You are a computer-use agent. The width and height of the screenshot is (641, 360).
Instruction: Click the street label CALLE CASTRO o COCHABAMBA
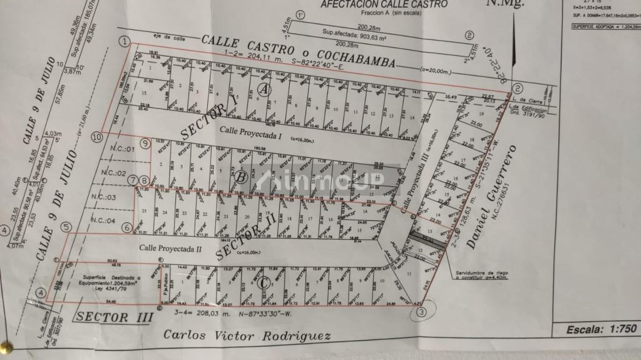[x=297, y=51]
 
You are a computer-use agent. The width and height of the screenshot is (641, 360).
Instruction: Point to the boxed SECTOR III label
[x=114, y=317]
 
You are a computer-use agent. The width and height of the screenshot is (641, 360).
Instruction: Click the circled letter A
[x=265, y=90]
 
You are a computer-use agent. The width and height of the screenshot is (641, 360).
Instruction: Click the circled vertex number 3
[x=423, y=311]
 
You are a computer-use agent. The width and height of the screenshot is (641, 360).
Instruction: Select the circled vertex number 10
[x=96, y=137]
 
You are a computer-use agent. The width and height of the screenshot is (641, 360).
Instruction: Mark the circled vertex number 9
[x=145, y=143]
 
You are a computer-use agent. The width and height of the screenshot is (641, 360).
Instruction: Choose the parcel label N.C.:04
[x=103, y=220]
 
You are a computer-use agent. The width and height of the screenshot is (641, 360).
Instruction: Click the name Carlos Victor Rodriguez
[x=247, y=336]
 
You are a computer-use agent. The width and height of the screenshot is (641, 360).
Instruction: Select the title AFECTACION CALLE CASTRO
[x=384, y=4]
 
